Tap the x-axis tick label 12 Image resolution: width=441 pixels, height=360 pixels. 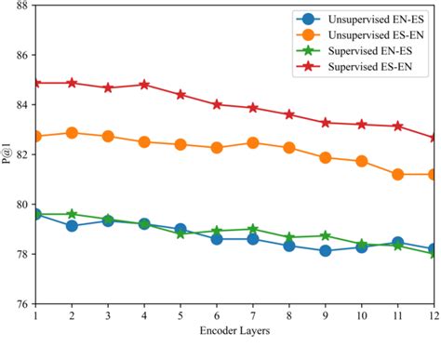coord(434,317)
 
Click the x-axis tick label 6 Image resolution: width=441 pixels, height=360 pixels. coord(217,317)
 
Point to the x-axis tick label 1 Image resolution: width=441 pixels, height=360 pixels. coord(36,317)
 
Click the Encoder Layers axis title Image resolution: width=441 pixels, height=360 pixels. coord(234,332)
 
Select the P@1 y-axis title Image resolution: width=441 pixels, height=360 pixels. coord(7,154)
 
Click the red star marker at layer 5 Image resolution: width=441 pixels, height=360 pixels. coord(180,95)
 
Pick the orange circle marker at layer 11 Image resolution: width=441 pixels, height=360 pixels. coord(397,174)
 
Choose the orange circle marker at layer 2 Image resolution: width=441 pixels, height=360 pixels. coord(73,133)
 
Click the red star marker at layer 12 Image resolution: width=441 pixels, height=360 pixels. coord(434,138)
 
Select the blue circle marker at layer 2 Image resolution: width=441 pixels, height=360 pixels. coord(73,226)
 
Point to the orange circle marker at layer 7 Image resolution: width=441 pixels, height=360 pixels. coord(253,143)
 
